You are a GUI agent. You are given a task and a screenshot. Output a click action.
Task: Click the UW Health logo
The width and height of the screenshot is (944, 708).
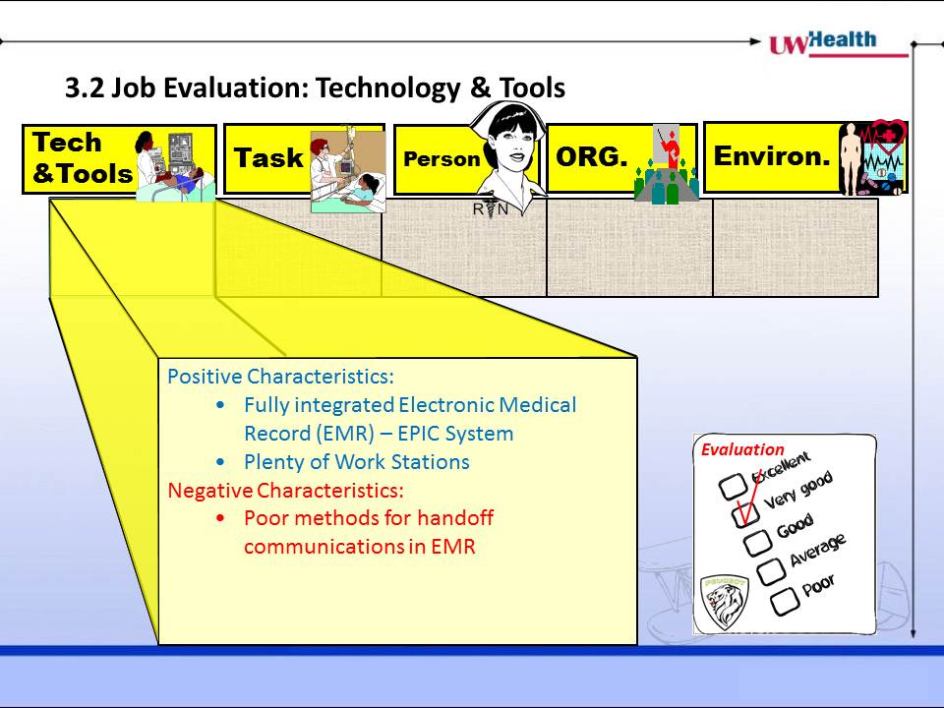(839, 43)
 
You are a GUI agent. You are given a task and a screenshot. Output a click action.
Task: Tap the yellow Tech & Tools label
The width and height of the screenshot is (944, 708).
(83, 157)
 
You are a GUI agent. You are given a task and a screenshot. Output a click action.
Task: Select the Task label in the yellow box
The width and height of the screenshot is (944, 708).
(268, 157)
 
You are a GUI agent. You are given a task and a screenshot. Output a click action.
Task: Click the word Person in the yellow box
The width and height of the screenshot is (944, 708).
(442, 159)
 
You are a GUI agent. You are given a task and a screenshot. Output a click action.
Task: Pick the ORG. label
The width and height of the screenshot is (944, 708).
(592, 156)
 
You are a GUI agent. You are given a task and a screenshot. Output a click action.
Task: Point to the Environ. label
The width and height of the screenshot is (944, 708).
(772, 156)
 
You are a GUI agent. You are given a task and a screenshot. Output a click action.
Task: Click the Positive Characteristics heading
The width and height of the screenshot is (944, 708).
(280, 377)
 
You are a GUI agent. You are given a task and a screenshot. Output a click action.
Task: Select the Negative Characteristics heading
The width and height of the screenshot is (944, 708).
(285, 490)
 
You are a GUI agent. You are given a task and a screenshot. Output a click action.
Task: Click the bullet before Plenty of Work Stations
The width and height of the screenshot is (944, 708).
(221, 462)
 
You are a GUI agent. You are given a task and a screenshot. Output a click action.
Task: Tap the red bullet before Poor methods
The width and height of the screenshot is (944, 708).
(221, 518)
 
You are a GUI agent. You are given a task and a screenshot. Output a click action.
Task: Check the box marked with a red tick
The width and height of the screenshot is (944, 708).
(745, 514)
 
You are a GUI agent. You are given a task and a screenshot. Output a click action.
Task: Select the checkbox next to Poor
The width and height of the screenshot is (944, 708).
(785, 602)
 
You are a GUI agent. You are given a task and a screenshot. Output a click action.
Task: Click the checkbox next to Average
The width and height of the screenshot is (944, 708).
(771, 571)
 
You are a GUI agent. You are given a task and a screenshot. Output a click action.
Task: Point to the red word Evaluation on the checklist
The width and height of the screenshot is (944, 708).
(742, 449)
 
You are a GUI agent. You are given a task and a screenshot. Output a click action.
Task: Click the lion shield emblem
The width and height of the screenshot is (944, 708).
(725, 603)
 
